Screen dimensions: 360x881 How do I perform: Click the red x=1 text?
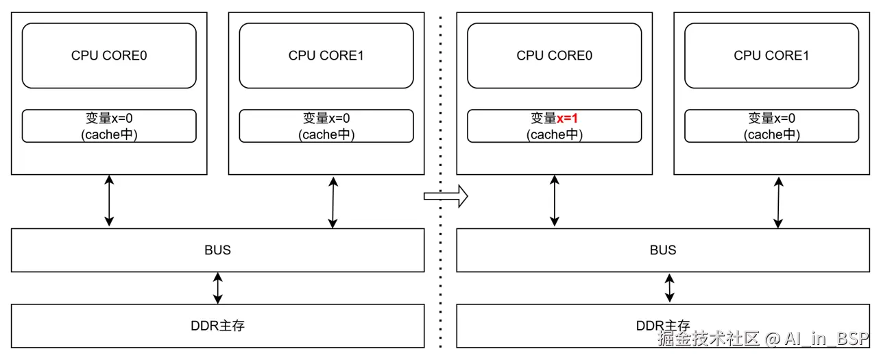(567, 119)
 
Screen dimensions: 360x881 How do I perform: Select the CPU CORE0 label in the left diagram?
(109, 56)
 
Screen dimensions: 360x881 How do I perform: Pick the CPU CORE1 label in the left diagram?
(326, 56)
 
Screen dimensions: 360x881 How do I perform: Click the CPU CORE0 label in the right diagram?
(555, 56)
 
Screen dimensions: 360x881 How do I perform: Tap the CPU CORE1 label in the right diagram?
(772, 56)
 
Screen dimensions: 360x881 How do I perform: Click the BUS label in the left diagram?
(217, 250)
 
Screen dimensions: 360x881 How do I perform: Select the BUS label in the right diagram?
(663, 250)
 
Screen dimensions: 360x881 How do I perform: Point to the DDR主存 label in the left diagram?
(217, 326)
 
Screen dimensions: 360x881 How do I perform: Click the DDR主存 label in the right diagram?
(663, 326)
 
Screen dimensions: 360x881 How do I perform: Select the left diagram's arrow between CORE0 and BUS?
(109, 201)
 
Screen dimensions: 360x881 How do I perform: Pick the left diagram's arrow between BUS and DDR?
(218, 288)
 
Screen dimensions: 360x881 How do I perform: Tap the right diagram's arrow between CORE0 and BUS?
(555, 201)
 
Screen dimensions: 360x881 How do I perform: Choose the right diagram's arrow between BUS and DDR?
(670, 288)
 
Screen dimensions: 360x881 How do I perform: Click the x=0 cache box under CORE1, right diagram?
(772, 126)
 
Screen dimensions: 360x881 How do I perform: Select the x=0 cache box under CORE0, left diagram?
(109, 126)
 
